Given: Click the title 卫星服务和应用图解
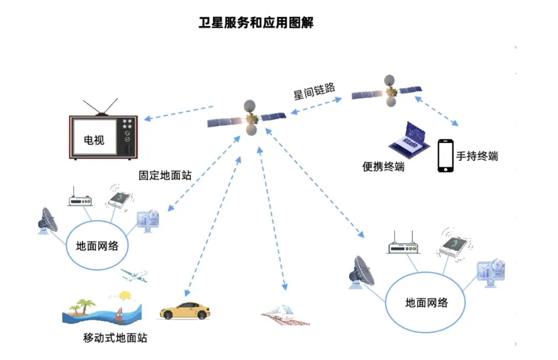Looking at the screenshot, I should [257, 23].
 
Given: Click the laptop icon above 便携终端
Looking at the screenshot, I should [408, 139].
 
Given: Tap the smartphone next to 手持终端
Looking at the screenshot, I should [445, 155].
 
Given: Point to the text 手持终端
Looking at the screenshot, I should [477, 156].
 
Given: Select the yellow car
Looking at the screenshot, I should [184, 310].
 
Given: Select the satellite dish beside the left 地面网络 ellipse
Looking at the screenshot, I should [48, 222].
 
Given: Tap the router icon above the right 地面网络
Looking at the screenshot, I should [404, 246].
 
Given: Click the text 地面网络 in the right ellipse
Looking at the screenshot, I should [426, 303].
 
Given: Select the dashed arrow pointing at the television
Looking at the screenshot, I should [178, 113].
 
